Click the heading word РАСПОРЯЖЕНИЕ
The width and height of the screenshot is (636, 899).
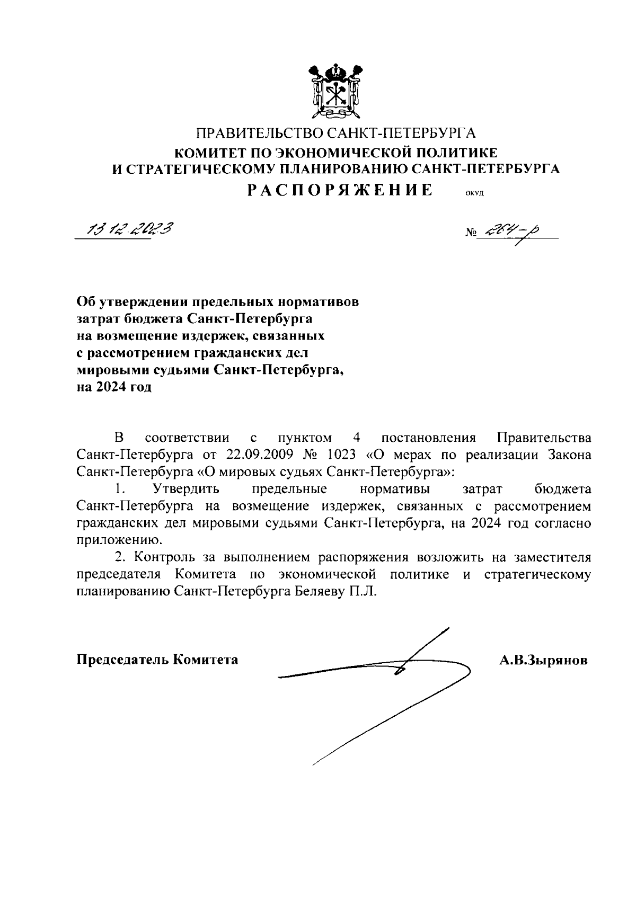pyautogui.click(x=340, y=190)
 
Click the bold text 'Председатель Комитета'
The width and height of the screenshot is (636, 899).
pyautogui.click(x=157, y=660)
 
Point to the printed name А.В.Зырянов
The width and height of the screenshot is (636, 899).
pyautogui.click(x=543, y=660)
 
